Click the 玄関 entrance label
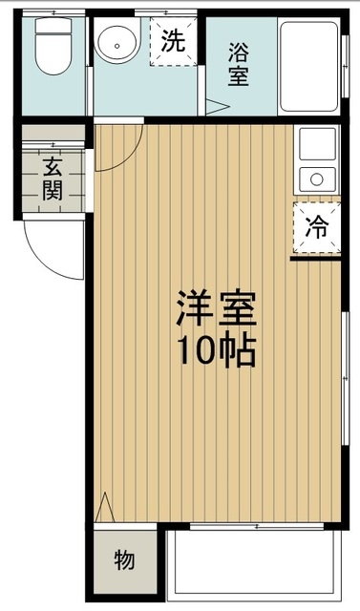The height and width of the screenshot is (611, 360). [52, 177]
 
